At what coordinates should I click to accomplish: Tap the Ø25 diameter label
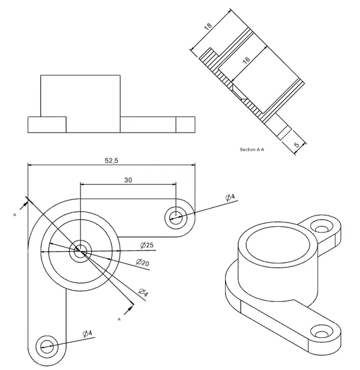[147, 245]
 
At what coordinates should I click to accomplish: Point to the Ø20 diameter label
[142, 262]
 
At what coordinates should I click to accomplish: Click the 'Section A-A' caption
[252, 150]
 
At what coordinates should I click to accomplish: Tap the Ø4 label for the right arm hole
[230, 197]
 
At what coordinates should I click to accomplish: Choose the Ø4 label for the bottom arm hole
[87, 333]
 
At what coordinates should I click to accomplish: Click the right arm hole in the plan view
[176, 216]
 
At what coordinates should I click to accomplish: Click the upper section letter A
[14, 216]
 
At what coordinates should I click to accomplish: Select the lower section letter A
[120, 319]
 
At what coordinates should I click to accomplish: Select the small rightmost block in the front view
[186, 124]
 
